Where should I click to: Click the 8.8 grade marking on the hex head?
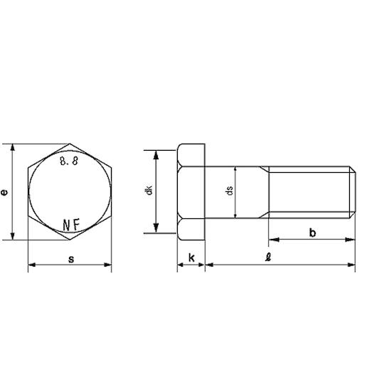click(x=69, y=161)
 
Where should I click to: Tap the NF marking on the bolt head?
click(x=71, y=225)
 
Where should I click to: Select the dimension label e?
click(x=4, y=192)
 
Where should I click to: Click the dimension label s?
click(x=71, y=259)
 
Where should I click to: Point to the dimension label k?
click(x=191, y=257)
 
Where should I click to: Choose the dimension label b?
click(x=312, y=233)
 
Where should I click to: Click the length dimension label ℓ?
click(x=268, y=257)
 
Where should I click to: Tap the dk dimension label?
click(x=149, y=191)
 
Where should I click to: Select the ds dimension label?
click(x=230, y=191)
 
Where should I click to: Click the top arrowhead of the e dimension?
click(x=13, y=148)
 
